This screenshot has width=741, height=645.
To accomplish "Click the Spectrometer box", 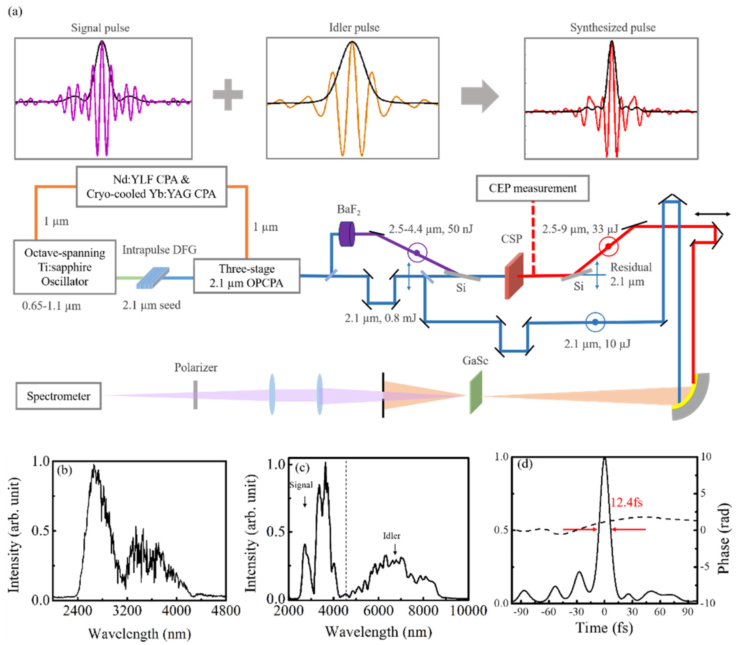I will [58, 396].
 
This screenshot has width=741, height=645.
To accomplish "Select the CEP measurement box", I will [532, 188].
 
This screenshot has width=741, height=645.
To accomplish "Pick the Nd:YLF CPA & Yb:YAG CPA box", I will [151, 186].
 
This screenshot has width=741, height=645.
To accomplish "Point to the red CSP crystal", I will [514, 276].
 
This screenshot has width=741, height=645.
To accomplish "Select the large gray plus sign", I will [228, 95].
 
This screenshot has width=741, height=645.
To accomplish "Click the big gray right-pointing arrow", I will [480, 97].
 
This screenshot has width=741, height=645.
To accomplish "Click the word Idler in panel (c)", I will [392, 536].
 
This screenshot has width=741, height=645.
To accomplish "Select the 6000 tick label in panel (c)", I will [378, 611].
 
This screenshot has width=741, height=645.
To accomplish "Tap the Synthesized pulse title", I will [612, 28].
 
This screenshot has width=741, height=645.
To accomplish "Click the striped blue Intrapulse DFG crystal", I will [153, 277].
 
